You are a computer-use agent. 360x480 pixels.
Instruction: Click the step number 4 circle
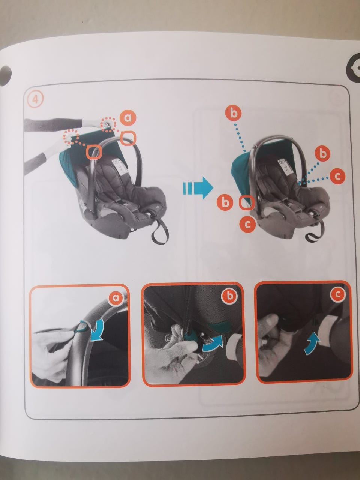pyautogui.click(x=35, y=100)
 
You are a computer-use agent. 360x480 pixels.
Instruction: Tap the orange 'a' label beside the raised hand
pyautogui.click(x=127, y=118)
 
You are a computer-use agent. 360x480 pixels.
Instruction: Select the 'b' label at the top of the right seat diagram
pyautogui.click(x=234, y=114)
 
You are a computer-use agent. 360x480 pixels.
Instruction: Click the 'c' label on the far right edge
pyautogui.click(x=337, y=176)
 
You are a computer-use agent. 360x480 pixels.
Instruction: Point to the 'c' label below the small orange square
pyautogui.click(x=247, y=225)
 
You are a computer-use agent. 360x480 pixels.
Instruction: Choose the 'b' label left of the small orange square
pyautogui.click(x=225, y=203)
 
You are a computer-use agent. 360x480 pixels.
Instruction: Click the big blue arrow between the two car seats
pyautogui.click(x=198, y=188)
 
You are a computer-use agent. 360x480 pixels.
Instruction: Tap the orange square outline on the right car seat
pyautogui.click(x=247, y=202)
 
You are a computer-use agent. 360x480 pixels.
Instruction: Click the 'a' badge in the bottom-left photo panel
pyautogui.click(x=115, y=297)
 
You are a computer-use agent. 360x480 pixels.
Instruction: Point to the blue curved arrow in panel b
pyautogui.click(x=213, y=344)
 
